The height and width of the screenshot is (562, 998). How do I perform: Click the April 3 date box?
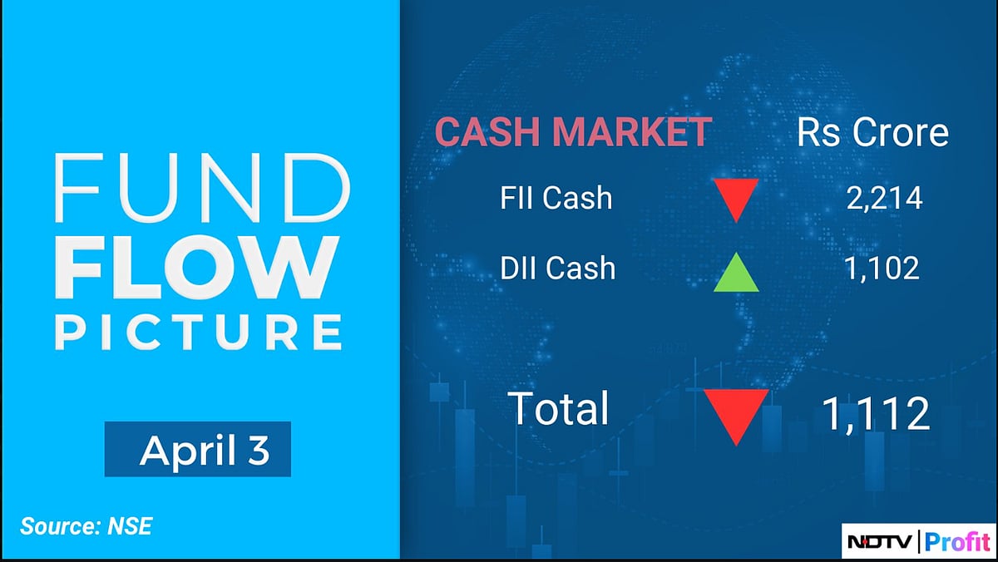tap(198, 450)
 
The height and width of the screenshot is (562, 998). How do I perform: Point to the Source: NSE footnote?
tap(86, 525)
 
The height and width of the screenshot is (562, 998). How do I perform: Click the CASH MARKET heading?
tap(574, 133)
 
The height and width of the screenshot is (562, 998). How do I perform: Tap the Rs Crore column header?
tap(872, 133)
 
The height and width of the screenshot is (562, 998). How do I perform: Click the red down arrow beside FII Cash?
tap(736, 198)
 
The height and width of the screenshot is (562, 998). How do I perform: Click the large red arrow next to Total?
tap(736, 413)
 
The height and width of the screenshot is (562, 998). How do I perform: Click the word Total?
tap(559, 409)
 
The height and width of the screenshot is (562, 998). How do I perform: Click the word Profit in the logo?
tap(954, 544)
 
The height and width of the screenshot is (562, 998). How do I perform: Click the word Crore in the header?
tap(900, 133)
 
